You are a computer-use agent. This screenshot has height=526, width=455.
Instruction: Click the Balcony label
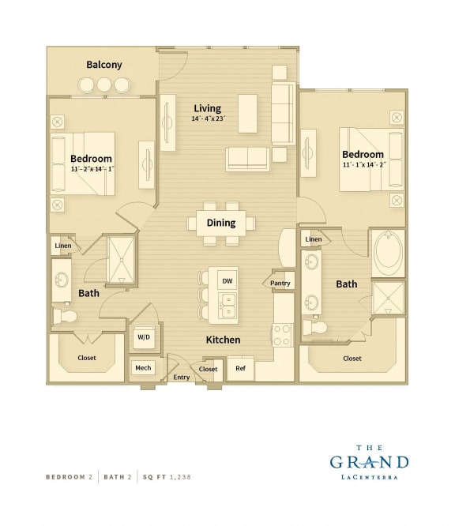coord(104,65)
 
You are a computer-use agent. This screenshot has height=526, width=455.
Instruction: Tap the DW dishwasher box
coord(227,280)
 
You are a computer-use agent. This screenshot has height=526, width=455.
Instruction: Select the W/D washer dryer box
coord(144,337)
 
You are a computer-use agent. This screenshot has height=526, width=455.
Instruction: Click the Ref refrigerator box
coord(240,368)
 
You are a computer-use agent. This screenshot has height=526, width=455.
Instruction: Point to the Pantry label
coord(280,283)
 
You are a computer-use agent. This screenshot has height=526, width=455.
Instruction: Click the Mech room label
coord(143,368)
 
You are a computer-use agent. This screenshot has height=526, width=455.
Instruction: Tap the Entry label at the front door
coord(182,378)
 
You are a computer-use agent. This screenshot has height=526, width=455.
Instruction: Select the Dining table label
coord(221,223)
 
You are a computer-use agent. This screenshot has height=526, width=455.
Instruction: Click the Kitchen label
coord(223,340)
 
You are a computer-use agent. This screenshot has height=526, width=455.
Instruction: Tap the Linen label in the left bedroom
coord(63,246)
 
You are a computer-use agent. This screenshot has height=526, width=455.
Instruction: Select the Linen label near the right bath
coord(314,239)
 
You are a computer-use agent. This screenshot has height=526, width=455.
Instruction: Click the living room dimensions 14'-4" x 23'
coord(209,118)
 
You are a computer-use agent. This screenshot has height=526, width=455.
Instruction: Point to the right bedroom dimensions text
coord(363,165)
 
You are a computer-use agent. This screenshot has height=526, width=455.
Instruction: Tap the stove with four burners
coord(283,334)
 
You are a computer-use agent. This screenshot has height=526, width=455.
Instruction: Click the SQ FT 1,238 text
coord(167,477)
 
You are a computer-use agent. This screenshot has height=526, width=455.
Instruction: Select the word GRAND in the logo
coord(369,463)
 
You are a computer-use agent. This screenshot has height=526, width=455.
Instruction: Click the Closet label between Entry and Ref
coord(209,369)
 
